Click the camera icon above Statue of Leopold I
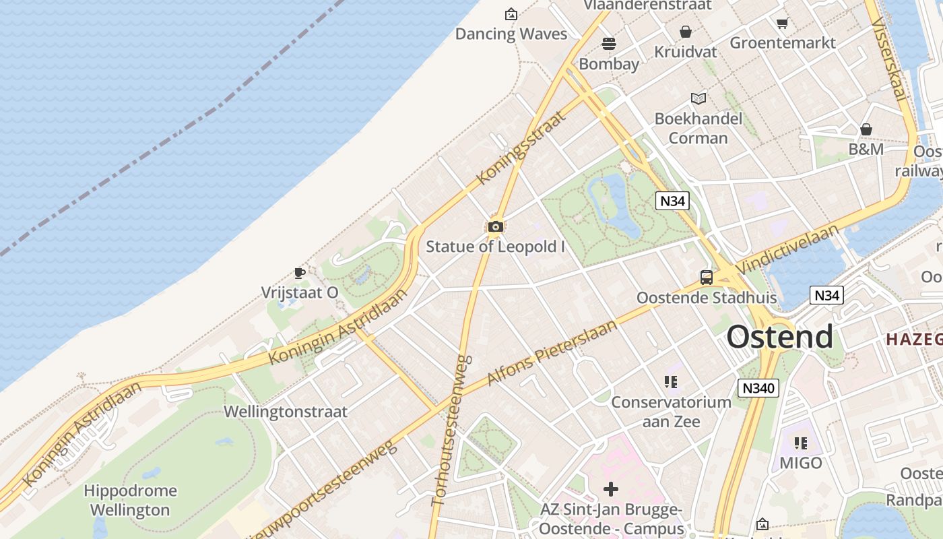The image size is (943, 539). (496, 227)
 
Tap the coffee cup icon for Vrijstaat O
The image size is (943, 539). (300, 273)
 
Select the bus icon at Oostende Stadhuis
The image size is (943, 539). (707, 277)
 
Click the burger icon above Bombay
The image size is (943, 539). (609, 44)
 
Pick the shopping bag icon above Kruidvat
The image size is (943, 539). (686, 32)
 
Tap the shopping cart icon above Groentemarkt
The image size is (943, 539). (782, 24)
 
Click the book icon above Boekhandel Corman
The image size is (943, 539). (698, 99)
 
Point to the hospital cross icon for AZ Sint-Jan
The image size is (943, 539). (611, 488)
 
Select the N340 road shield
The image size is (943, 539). (758, 388)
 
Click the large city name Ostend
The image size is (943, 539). (780, 337)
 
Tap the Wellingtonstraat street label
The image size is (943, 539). (286, 412)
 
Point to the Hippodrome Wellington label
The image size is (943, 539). (130, 500)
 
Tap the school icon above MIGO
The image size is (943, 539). (801, 443)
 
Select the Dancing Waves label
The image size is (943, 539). (511, 34)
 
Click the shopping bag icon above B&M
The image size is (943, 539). (866, 129)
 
